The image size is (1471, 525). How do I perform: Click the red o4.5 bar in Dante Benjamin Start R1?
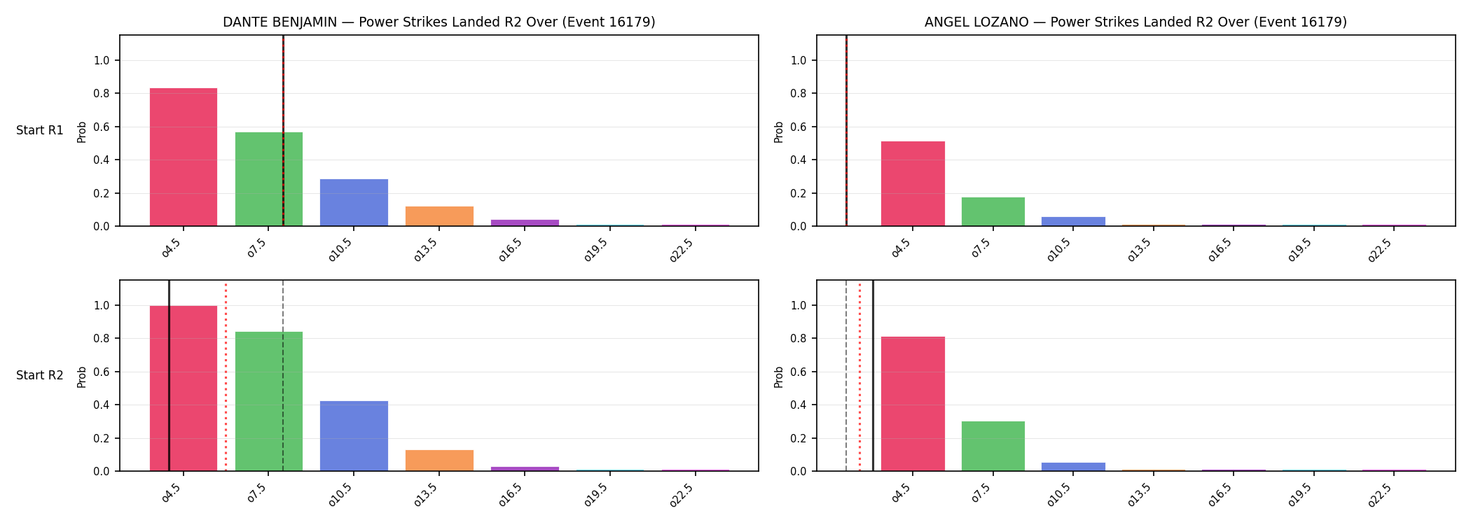(184, 157)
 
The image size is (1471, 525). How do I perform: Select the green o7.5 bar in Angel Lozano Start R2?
(993, 446)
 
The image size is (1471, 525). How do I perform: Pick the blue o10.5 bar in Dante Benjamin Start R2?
(354, 436)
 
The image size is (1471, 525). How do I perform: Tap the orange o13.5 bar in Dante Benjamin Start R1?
(439, 216)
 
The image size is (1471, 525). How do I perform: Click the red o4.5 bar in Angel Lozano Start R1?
(913, 183)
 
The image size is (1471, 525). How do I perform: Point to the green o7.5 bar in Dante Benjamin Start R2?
(269, 401)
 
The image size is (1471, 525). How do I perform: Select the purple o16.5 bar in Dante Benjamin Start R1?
(525, 223)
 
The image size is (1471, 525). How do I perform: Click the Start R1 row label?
(40, 130)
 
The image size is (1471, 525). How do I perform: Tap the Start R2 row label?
(40, 375)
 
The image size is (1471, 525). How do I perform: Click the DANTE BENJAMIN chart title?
(439, 22)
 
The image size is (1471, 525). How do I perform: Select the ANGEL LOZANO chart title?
(1135, 22)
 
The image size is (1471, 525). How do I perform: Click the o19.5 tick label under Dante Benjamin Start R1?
(596, 249)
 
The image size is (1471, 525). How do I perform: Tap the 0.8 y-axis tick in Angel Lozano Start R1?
(799, 94)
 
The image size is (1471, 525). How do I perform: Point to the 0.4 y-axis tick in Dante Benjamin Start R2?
(102, 405)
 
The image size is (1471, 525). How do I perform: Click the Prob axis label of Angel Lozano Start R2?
(779, 377)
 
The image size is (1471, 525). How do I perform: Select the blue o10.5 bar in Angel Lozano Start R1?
(1073, 221)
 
